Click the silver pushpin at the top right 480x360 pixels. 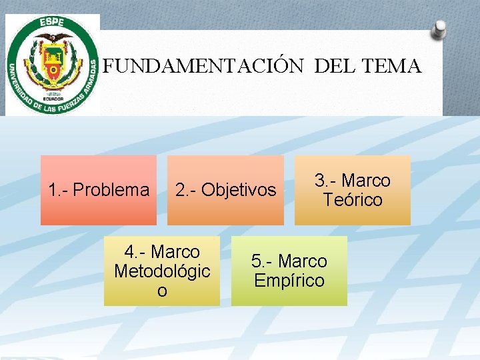click(439, 29)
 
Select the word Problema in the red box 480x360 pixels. click(111, 191)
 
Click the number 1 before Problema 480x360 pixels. click(53, 191)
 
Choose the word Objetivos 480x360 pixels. click(239, 191)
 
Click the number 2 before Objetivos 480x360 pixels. click(180, 191)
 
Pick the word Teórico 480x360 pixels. click(352, 200)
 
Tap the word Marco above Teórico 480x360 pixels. click(365, 181)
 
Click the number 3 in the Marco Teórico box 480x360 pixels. click(320, 181)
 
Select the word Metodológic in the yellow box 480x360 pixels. click(162, 271)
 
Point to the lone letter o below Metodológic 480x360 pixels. click(162, 291)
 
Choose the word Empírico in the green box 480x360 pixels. click(289, 280)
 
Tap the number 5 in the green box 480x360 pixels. click(257, 261)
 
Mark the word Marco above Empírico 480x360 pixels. click(303, 261)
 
